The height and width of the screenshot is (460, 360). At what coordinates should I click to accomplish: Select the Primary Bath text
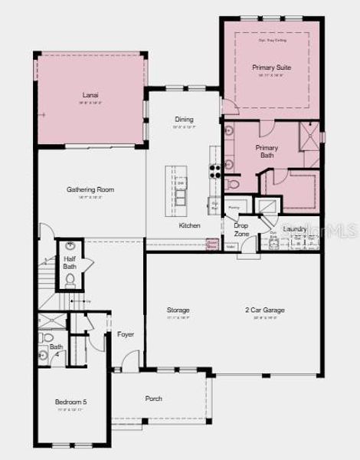tap(267, 151)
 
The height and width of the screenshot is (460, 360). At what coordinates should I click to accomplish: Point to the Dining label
tap(184, 120)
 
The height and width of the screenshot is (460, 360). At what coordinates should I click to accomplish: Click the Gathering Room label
tap(90, 189)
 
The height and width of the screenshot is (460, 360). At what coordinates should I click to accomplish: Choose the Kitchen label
tap(190, 226)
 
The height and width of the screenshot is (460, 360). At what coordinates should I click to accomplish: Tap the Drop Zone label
tap(241, 229)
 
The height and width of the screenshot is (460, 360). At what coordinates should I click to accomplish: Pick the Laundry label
tap(295, 228)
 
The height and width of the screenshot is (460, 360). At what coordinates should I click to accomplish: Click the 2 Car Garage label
tap(265, 310)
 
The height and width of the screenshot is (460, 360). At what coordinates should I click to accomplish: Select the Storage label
tap(178, 310)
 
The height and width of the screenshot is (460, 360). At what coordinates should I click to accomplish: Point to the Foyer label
tap(126, 334)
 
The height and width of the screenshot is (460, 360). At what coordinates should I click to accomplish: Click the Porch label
tap(154, 399)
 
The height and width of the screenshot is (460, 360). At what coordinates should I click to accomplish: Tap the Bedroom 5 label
tap(71, 402)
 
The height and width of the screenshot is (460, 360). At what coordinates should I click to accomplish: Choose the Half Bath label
tap(70, 263)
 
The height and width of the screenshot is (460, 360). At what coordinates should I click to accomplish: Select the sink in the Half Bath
tap(70, 246)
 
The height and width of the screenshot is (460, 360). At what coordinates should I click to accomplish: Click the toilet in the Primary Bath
tap(234, 185)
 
